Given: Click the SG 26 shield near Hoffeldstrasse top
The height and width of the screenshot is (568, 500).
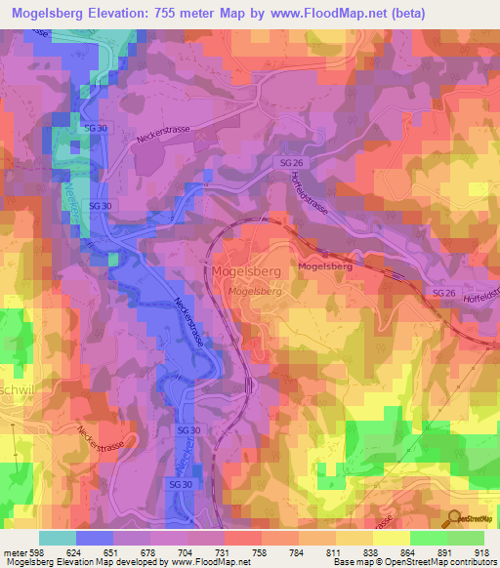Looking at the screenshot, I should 291,162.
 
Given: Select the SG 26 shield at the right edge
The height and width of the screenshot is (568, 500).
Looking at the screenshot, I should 444,294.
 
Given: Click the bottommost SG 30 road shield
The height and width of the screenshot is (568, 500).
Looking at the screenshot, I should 181,483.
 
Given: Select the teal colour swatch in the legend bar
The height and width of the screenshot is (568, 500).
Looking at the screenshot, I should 57,537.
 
